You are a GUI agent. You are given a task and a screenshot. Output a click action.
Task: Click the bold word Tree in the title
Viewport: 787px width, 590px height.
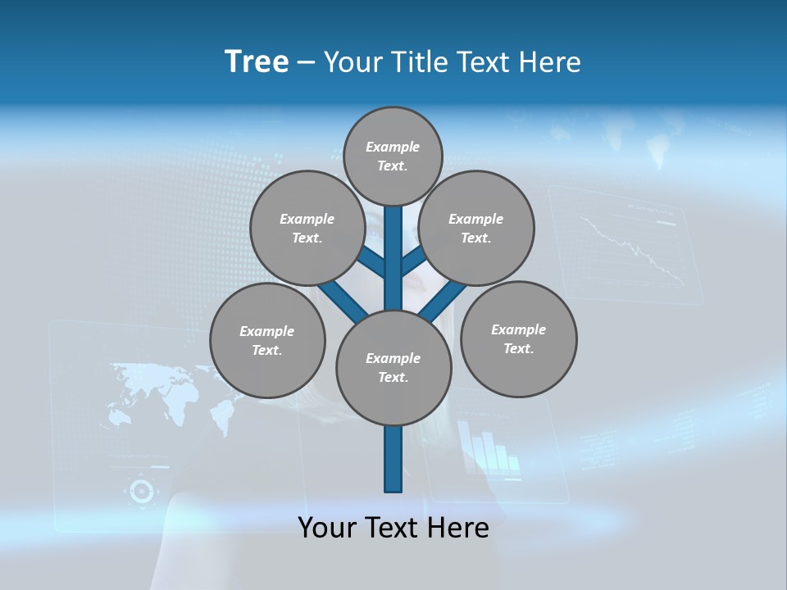[257, 61]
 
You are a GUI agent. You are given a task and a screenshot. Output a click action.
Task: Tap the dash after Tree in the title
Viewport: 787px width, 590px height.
[306, 62]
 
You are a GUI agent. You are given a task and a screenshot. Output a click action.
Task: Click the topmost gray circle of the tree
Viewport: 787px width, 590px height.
[393, 156]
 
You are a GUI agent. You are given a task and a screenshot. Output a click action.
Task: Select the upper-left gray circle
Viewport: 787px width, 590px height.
[307, 228]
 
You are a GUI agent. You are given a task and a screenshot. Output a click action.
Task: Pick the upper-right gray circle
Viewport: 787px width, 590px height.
[476, 228]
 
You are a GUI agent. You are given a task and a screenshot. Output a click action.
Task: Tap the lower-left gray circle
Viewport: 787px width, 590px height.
[267, 340]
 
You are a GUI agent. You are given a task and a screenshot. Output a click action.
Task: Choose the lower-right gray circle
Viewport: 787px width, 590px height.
[518, 338]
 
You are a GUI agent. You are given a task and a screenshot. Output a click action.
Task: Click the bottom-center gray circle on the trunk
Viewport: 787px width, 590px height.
[393, 368]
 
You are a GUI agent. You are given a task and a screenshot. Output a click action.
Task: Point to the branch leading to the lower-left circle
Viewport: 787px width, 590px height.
[341, 302]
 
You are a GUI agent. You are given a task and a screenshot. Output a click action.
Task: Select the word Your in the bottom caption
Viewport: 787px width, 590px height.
[326, 528]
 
